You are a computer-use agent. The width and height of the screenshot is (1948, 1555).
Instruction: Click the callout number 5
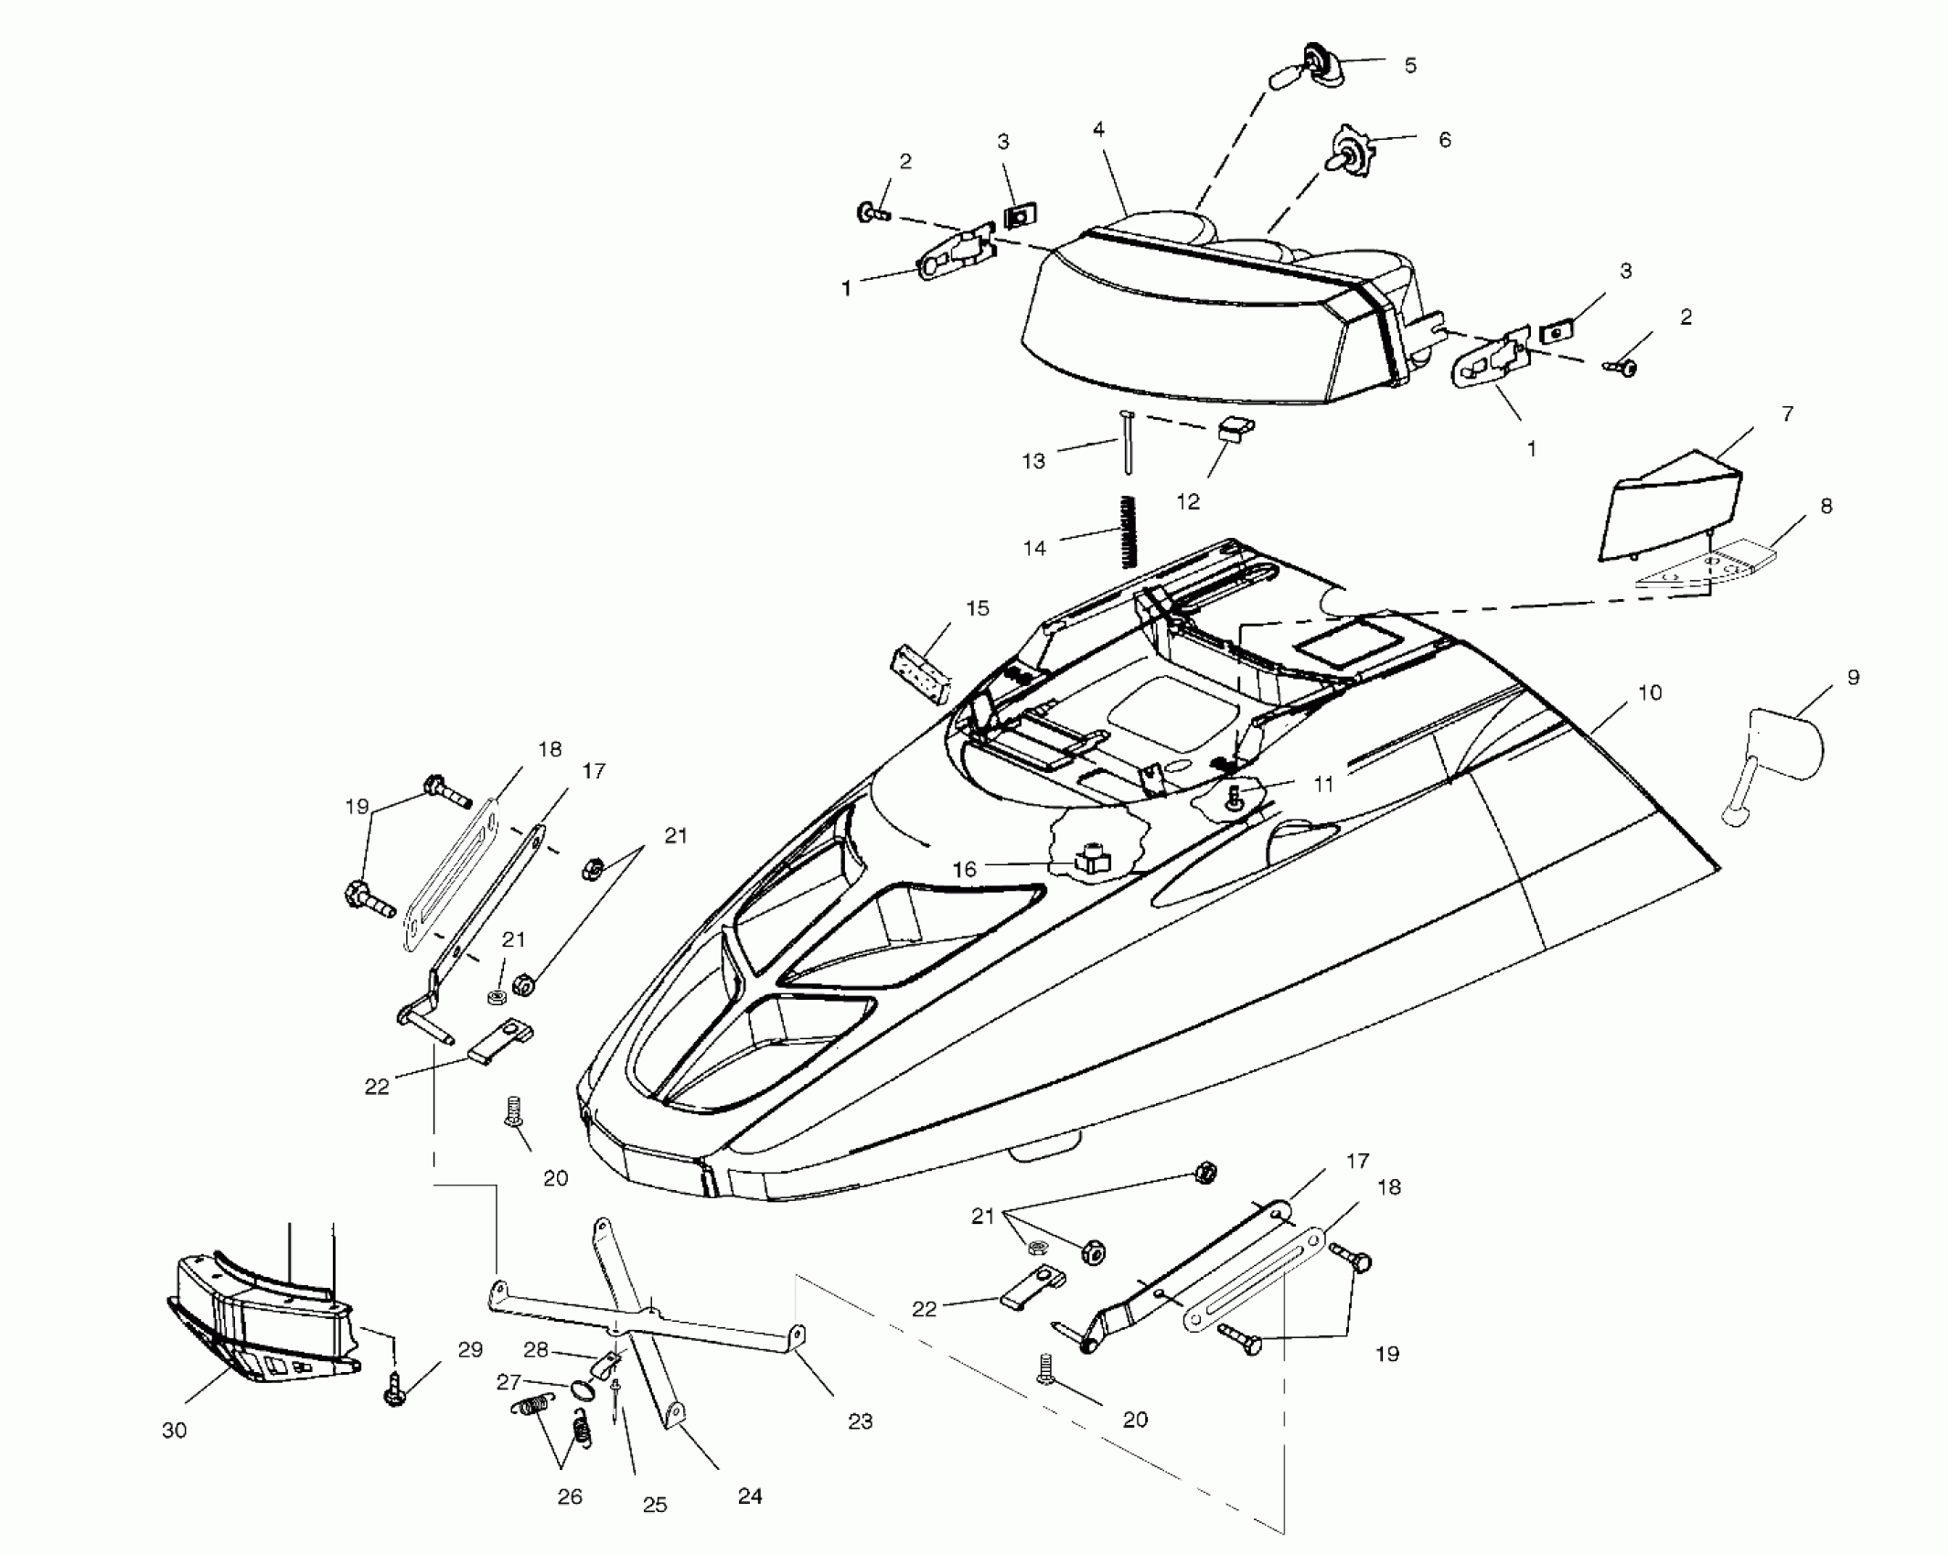1409,66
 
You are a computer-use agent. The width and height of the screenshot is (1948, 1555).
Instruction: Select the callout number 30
174,1431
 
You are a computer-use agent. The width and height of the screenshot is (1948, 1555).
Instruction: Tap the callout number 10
1649,693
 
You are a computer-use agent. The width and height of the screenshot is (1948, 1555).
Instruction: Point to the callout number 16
965,869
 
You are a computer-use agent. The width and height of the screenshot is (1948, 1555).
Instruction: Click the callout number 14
1034,548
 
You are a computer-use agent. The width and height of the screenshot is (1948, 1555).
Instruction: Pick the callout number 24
749,1496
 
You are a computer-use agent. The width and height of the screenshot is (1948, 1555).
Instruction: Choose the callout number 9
1853,678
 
